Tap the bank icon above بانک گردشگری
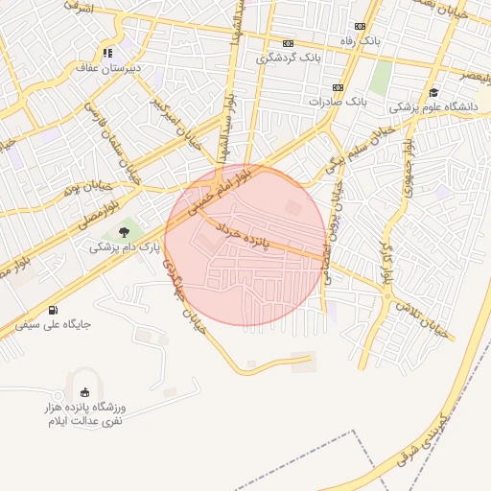point(288,43)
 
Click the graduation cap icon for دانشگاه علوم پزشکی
point(433,92)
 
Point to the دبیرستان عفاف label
point(107,69)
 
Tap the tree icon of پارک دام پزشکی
point(123,231)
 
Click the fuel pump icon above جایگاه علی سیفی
point(52,309)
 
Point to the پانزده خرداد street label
point(248,232)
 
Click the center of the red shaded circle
point(245,245)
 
